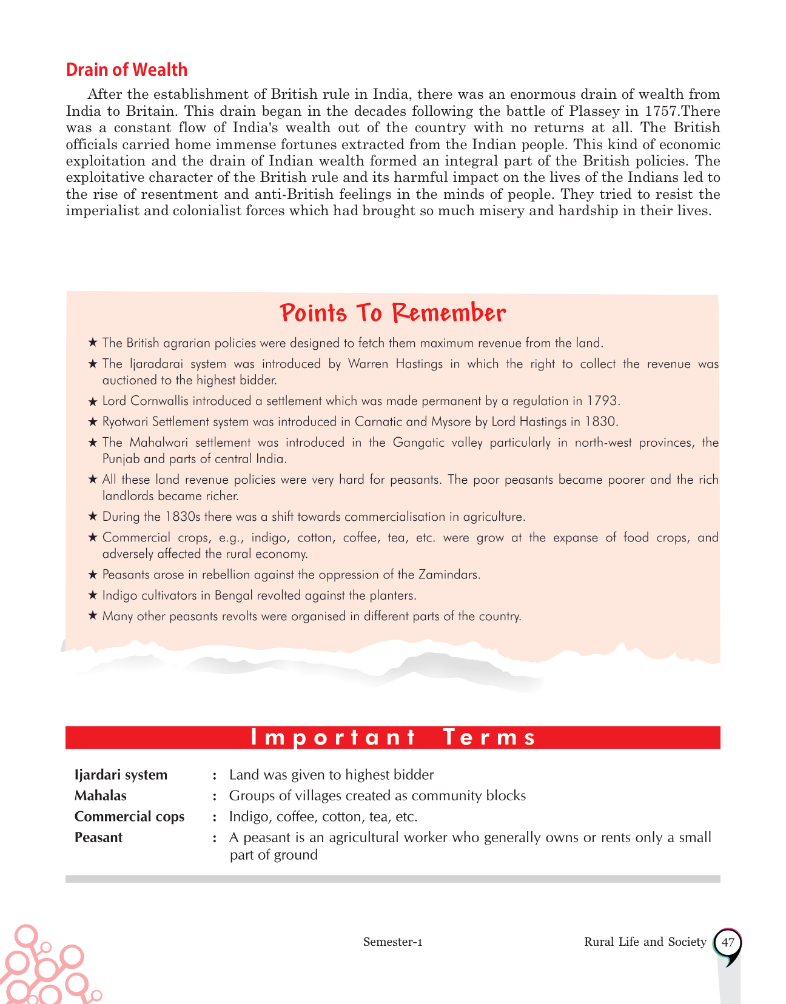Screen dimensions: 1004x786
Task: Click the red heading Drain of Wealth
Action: tap(126, 70)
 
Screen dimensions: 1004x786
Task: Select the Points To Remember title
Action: tap(393, 313)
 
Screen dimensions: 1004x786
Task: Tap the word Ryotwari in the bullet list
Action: tap(125, 422)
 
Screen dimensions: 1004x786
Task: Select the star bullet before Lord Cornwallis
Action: tap(93, 401)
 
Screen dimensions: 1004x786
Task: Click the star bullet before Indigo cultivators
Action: tap(93, 595)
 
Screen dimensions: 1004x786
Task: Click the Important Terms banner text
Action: tap(393, 737)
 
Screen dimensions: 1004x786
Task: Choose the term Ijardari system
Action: tap(121, 775)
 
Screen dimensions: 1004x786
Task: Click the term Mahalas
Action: tap(101, 795)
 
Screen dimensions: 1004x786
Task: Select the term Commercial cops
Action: tap(129, 817)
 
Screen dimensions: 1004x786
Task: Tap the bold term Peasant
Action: tap(98, 837)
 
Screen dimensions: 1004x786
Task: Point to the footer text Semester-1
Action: tap(392, 942)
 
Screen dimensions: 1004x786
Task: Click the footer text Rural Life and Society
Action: tap(645, 942)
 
